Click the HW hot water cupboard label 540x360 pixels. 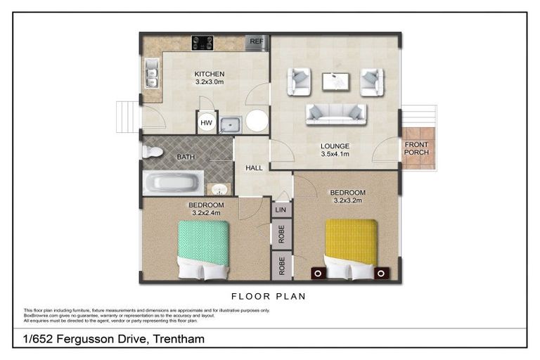pos(206,123)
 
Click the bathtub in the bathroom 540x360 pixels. pos(172,183)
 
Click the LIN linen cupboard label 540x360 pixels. pos(281,209)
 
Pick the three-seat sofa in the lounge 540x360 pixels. pos(334,112)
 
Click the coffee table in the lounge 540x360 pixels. pos(336,82)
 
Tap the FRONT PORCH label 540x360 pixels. pos(416,148)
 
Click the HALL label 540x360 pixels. pos(254,169)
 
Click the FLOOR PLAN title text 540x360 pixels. pos(269,296)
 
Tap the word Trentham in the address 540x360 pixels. pos(179,340)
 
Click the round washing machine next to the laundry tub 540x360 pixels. pos(255,122)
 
